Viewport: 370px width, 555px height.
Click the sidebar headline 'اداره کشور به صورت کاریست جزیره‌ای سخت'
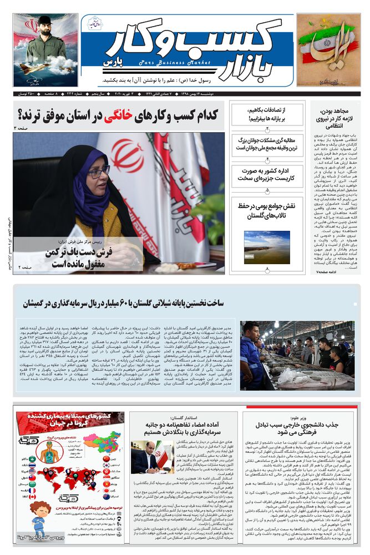coord(267,174)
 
